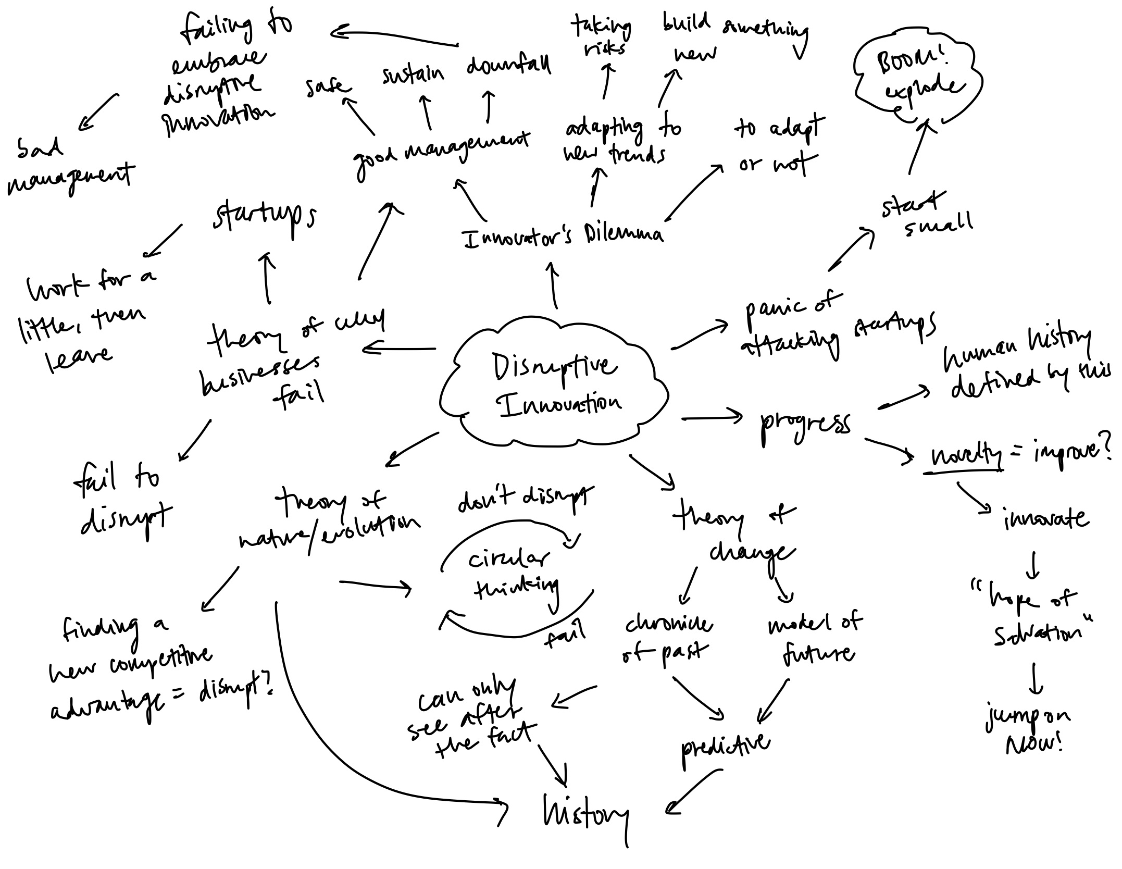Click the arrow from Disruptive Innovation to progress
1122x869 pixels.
coord(711,417)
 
